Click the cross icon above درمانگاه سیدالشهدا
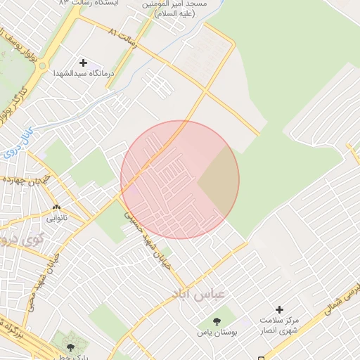tap(82, 63)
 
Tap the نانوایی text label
tap(58, 218)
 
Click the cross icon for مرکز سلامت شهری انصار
tap(279, 309)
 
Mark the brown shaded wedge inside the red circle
tap(219, 181)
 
